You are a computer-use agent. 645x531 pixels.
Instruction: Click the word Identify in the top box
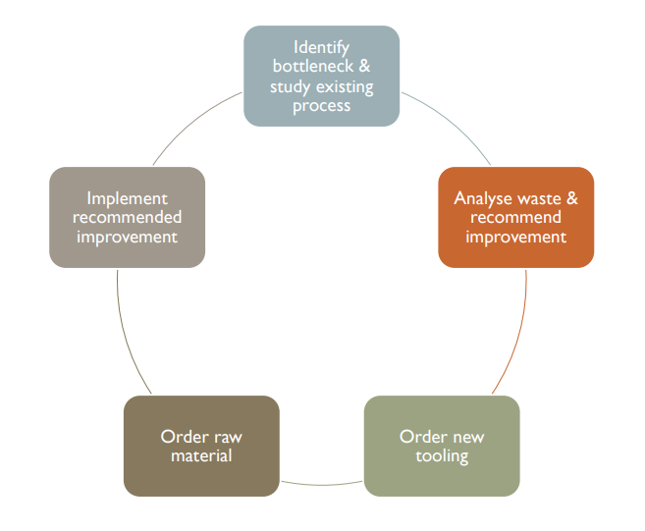pyautogui.click(x=321, y=48)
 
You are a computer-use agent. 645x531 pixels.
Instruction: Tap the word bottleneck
pyautogui.click(x=313, y=66)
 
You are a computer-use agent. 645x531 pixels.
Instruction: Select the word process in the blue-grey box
pyautogui.click(x=321, y=107)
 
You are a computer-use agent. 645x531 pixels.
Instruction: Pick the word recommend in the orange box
pyautogui.click(x=515, y=217)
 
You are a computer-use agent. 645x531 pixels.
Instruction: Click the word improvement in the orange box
pyautogui.click(x=515, y=238)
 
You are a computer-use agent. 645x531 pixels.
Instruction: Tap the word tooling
pyautogui.click(x=442, y=456)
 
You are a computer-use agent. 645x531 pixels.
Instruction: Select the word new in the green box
pyautogui.click(x=468, y=438)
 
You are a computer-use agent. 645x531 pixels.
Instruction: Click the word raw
pyautogui.click(x=228, y=438)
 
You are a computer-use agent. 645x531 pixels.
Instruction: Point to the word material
pyautogui.click(x=201, y=455)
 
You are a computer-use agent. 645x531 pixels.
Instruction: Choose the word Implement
pyautogui.click(x=127, y=199)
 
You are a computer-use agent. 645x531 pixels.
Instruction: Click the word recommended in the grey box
pyautogui.click(x=127, y=217)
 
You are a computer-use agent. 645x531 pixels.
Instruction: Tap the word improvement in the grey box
pyautogui.click(x=127, y=238)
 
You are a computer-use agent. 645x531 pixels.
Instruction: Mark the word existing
pyautogui.click(x=345, y=87)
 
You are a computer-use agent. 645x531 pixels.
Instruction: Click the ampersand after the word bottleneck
pyautogui.click(x=364, y=66)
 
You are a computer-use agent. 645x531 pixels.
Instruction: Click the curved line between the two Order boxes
pyautogui.click(x=322, y=485)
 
